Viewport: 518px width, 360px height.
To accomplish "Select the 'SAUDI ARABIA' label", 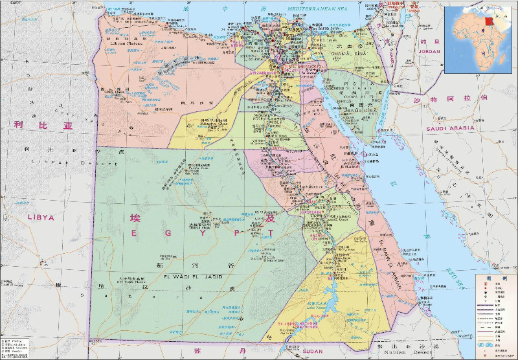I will [449, 128].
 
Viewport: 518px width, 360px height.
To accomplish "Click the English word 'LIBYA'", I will [41, 218].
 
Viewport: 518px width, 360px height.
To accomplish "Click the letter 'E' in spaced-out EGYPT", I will [135, 232].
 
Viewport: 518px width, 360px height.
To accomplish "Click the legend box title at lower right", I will [494, 278].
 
